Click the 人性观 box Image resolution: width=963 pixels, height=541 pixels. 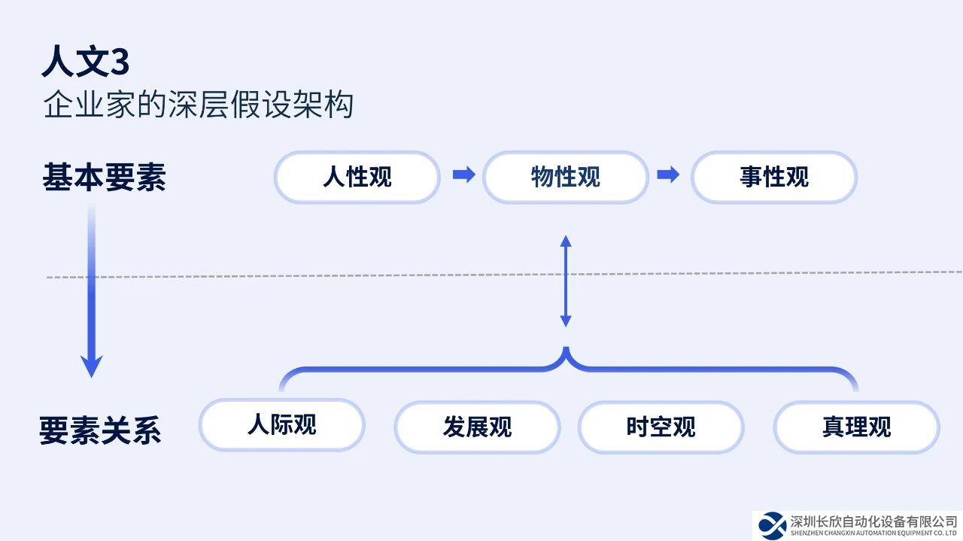tap(357, 178)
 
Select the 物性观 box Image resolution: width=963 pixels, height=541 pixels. tap(565, 178)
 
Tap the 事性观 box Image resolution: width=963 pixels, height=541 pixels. tap(773, 178)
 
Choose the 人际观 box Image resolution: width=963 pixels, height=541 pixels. tap(281, 425)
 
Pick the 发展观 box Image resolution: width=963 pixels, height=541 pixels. tap(477, 427)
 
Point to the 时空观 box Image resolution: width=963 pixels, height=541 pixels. tap(661, 427)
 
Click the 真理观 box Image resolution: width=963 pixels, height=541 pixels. tap(856, 427)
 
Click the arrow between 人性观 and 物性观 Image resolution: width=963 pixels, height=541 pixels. tap(463, 175)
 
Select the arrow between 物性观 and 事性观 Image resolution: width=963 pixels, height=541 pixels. tap(668, 175)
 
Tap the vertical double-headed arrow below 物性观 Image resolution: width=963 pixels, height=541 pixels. tap(566, 281)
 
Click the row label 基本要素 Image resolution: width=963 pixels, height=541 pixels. tap(104, 178)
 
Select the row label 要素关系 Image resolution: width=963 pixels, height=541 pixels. tap(100, 431)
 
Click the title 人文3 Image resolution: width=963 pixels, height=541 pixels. tap(85, 62)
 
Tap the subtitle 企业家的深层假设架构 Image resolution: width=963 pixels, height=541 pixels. tap(198, 105)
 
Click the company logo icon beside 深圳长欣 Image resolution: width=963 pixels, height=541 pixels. tap(772, 524)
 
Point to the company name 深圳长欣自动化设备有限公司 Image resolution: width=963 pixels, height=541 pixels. tap(873, 521)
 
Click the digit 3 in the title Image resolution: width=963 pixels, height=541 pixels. tap(120, 62)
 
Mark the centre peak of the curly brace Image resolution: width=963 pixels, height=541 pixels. tap(566, 351)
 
